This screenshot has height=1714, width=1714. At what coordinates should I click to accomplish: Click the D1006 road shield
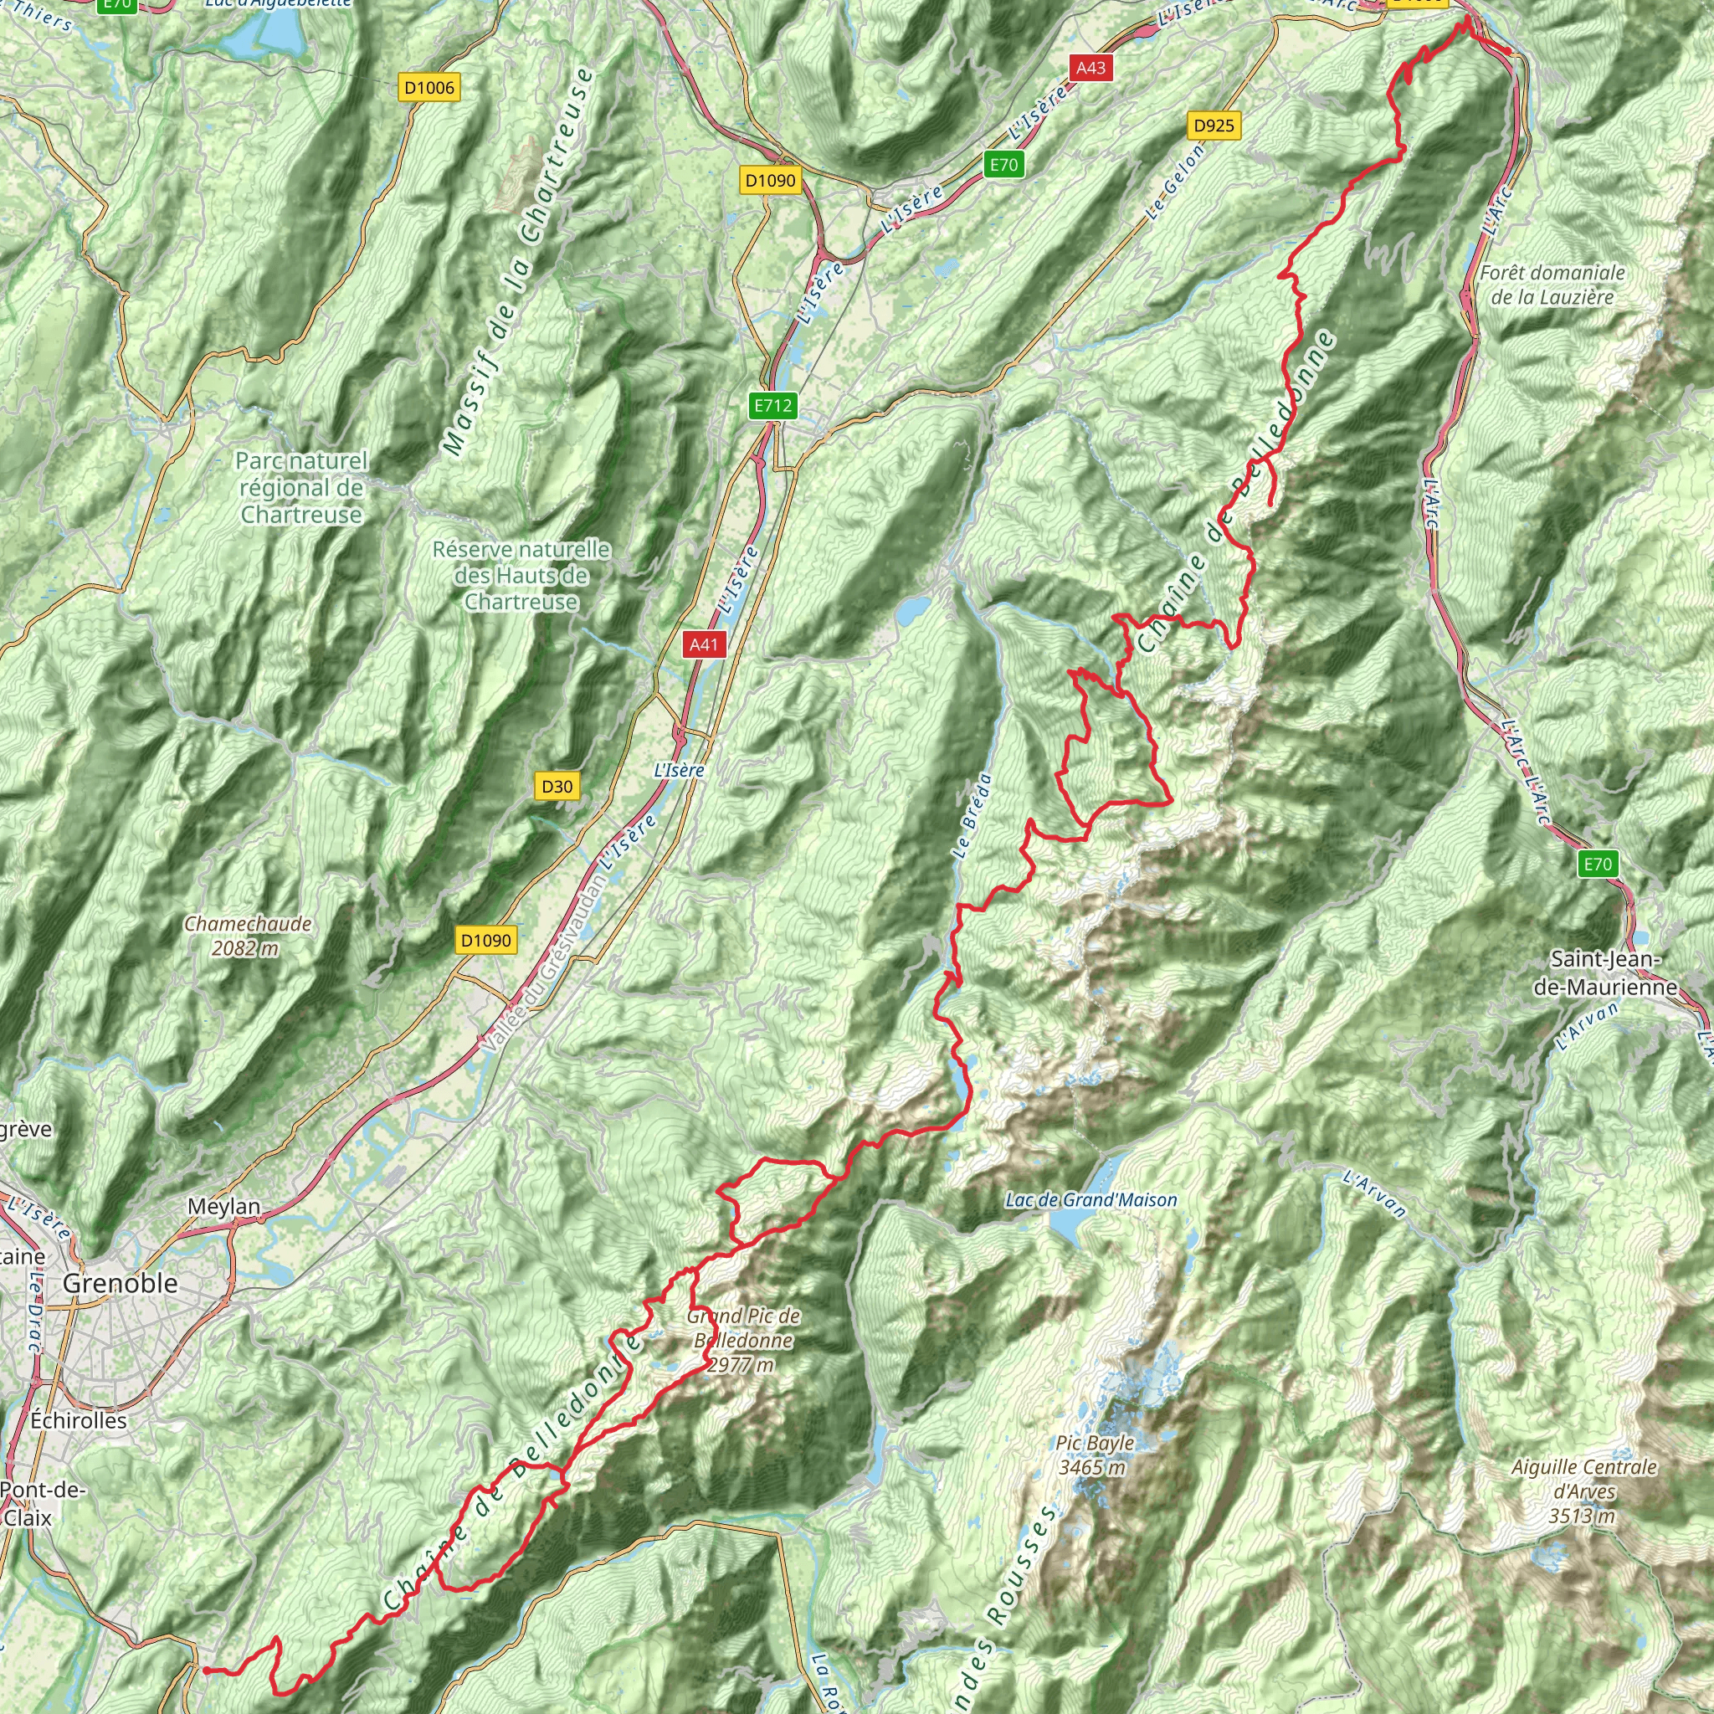pyautogui.click(x=429, y=87)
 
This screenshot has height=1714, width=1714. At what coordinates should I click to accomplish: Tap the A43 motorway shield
pyautogui.click(x=1090, y=68)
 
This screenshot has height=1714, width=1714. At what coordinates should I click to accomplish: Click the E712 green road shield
pyautogui.click(x=772, y=406)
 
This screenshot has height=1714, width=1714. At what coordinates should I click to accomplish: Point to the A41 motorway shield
pyautogui.click(x=704, y=645)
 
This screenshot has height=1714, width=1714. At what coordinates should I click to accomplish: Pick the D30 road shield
pyautogui.click(x=557, y=786)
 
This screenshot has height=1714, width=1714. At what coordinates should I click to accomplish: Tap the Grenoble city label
pyautogui.click(x=120, y=1283)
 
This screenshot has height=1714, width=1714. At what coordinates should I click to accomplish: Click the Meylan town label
pyautogui.click(x=223, y=1207)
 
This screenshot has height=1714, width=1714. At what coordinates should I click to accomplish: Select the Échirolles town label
pyautogui.click(x=78, y=1419)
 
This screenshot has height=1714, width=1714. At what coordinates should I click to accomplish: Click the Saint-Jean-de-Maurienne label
pyautogui.click(x=1605, y=972)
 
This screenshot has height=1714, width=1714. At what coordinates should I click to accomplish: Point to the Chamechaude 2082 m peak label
pyautogui.click(x=248, y=936)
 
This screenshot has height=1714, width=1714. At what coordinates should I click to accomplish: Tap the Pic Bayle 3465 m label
pyautogui.click(x=1095, y=1455)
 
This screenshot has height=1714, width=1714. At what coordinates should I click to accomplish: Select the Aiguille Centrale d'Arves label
pyautogui.click(x=1583, y=1491)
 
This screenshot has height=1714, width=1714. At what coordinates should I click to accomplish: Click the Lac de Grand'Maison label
pyautogui.click(x=1091, y=1200)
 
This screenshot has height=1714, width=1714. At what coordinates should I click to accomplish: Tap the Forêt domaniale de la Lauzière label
pyautogui.click(x=1552, y=285)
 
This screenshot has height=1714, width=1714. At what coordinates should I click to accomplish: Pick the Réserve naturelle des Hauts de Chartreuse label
pyautogui.click(x=521, y=575)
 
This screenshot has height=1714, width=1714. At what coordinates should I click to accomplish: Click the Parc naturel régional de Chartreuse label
pyautogui.click(x=301, y=487)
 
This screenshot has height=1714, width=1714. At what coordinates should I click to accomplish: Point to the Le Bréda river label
pyautogui.click(x=972, y=816)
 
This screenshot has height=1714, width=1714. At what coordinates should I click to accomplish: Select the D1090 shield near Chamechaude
pyautogui.click(x=485, y=940)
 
